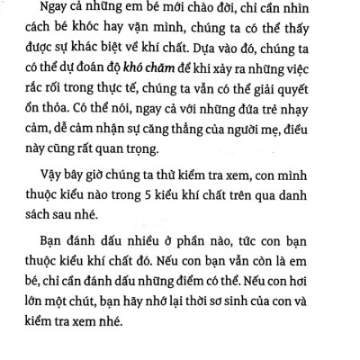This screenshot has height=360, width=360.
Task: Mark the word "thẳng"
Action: [184, 155]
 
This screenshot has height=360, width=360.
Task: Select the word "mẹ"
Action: [276, 155]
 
